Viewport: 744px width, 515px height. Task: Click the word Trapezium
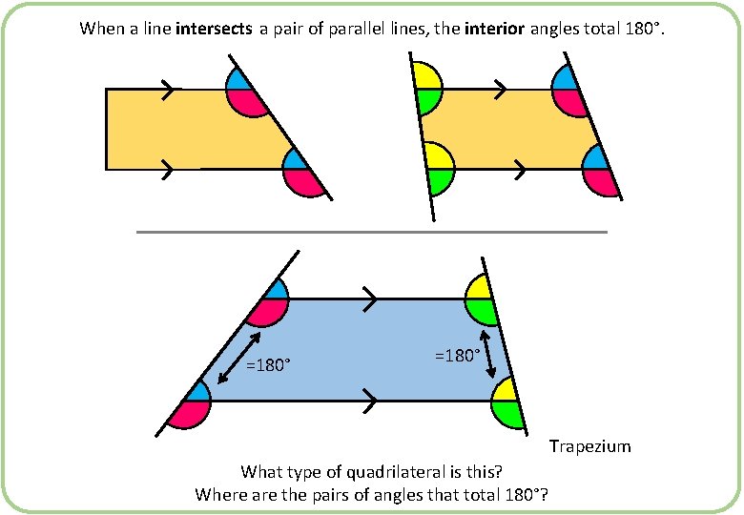point(589,446)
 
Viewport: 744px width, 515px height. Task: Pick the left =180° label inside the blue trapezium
point(269,364)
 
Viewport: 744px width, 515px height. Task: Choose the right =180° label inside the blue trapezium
point(458,355)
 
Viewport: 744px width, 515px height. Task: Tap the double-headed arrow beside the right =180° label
point(488,354)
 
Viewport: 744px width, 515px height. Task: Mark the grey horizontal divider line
point(372,232)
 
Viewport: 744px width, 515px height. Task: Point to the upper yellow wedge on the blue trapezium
point(480,288)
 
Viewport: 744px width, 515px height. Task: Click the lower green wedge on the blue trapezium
point(508,412)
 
